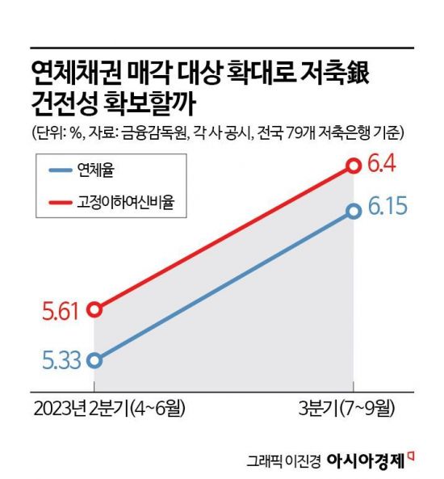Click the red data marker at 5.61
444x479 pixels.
click(x=94, y=309)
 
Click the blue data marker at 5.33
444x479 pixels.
click(x=94, y=360)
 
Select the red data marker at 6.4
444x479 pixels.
click(x=353, y=166)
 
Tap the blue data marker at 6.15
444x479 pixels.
click(x=353, y=212)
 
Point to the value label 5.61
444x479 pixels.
click(x=61, y=309)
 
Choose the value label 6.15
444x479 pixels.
click(x=389, y=212)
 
